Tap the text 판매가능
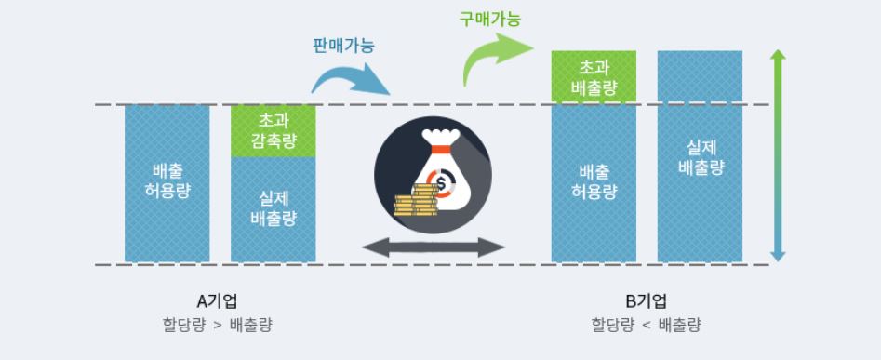(342, 44)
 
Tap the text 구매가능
(490, 17)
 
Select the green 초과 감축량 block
(274, 131)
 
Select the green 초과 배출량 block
(594, 76)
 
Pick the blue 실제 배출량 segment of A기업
(274, 209)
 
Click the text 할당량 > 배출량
(218, 325)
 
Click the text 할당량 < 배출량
(647, 325)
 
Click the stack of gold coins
(415, 201)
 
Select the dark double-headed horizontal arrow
(434, 247)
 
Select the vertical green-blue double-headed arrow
(779, 156)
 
